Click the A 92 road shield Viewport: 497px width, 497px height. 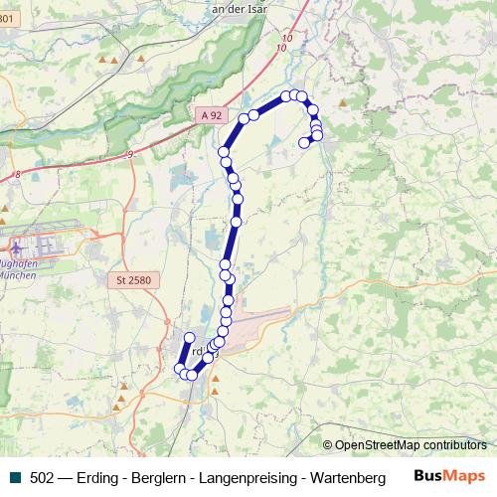pyautogui.click(x=211, y=116)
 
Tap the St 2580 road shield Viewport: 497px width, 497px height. pyautogui.click(x=132, y=281)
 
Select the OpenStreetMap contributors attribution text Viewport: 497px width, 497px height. pyautogui.click(x=410, y=445)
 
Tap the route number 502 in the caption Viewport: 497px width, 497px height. pyautogui.click(x=42, y=477)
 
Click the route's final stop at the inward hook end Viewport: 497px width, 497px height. pyautogui.click(x=304, y=142)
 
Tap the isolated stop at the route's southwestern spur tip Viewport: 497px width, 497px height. pyautogui.click(x=189, y=338)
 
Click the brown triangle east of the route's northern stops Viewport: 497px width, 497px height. pyautogui.click(x=343, y=101)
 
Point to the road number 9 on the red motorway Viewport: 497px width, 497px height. pyautogui.click(x=129, y=154)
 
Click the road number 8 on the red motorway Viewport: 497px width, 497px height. pyautogui.click(x=18, y=175)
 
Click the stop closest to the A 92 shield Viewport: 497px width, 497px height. pyautogui.click(x=244, y=119)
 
